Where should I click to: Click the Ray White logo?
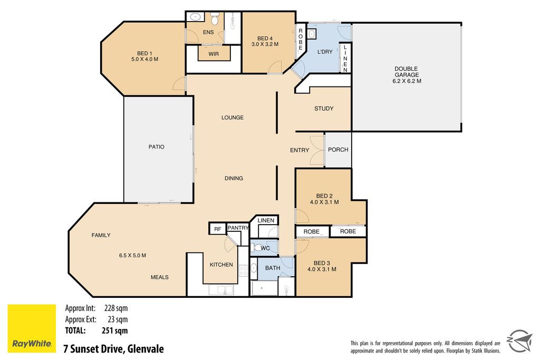[x=32, y=328]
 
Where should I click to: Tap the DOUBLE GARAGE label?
[x=407, y=72]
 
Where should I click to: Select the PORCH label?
[x=338, y=150]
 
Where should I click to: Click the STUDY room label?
[x=324, y=109]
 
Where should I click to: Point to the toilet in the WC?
[x=257, y=248]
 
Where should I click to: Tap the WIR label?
[x=214, y=54]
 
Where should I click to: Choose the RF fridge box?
[x=218, y=229]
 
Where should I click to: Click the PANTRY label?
[x=238, y=228]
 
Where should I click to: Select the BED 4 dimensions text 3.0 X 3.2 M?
[x=265, y=44]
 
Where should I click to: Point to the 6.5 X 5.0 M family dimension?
[x=132, y=255]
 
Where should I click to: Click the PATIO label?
[x=156, y=147]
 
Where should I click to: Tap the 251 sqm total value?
[x=114, y=330]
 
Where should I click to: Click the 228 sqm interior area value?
[x=115, y=308]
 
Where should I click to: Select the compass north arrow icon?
[x=520, y=340]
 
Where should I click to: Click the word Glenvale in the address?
[x=146, y=348]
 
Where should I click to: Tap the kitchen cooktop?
[x=243, y=270]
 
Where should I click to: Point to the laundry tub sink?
[x=312, y=34]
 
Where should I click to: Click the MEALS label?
[x=159, y=277]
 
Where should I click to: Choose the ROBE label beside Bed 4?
[x=300, y=39]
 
